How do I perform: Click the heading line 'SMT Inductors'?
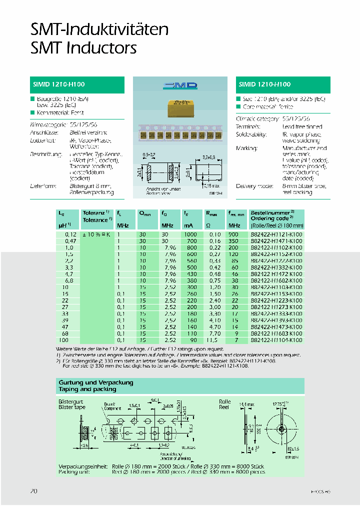point(83,48)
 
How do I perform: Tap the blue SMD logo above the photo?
point(180,86)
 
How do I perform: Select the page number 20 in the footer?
point(34,491)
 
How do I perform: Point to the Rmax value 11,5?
point(214,340)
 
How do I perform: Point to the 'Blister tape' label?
point(72,407)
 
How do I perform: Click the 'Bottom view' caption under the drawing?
point(156,192)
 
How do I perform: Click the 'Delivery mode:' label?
point(254,186)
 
